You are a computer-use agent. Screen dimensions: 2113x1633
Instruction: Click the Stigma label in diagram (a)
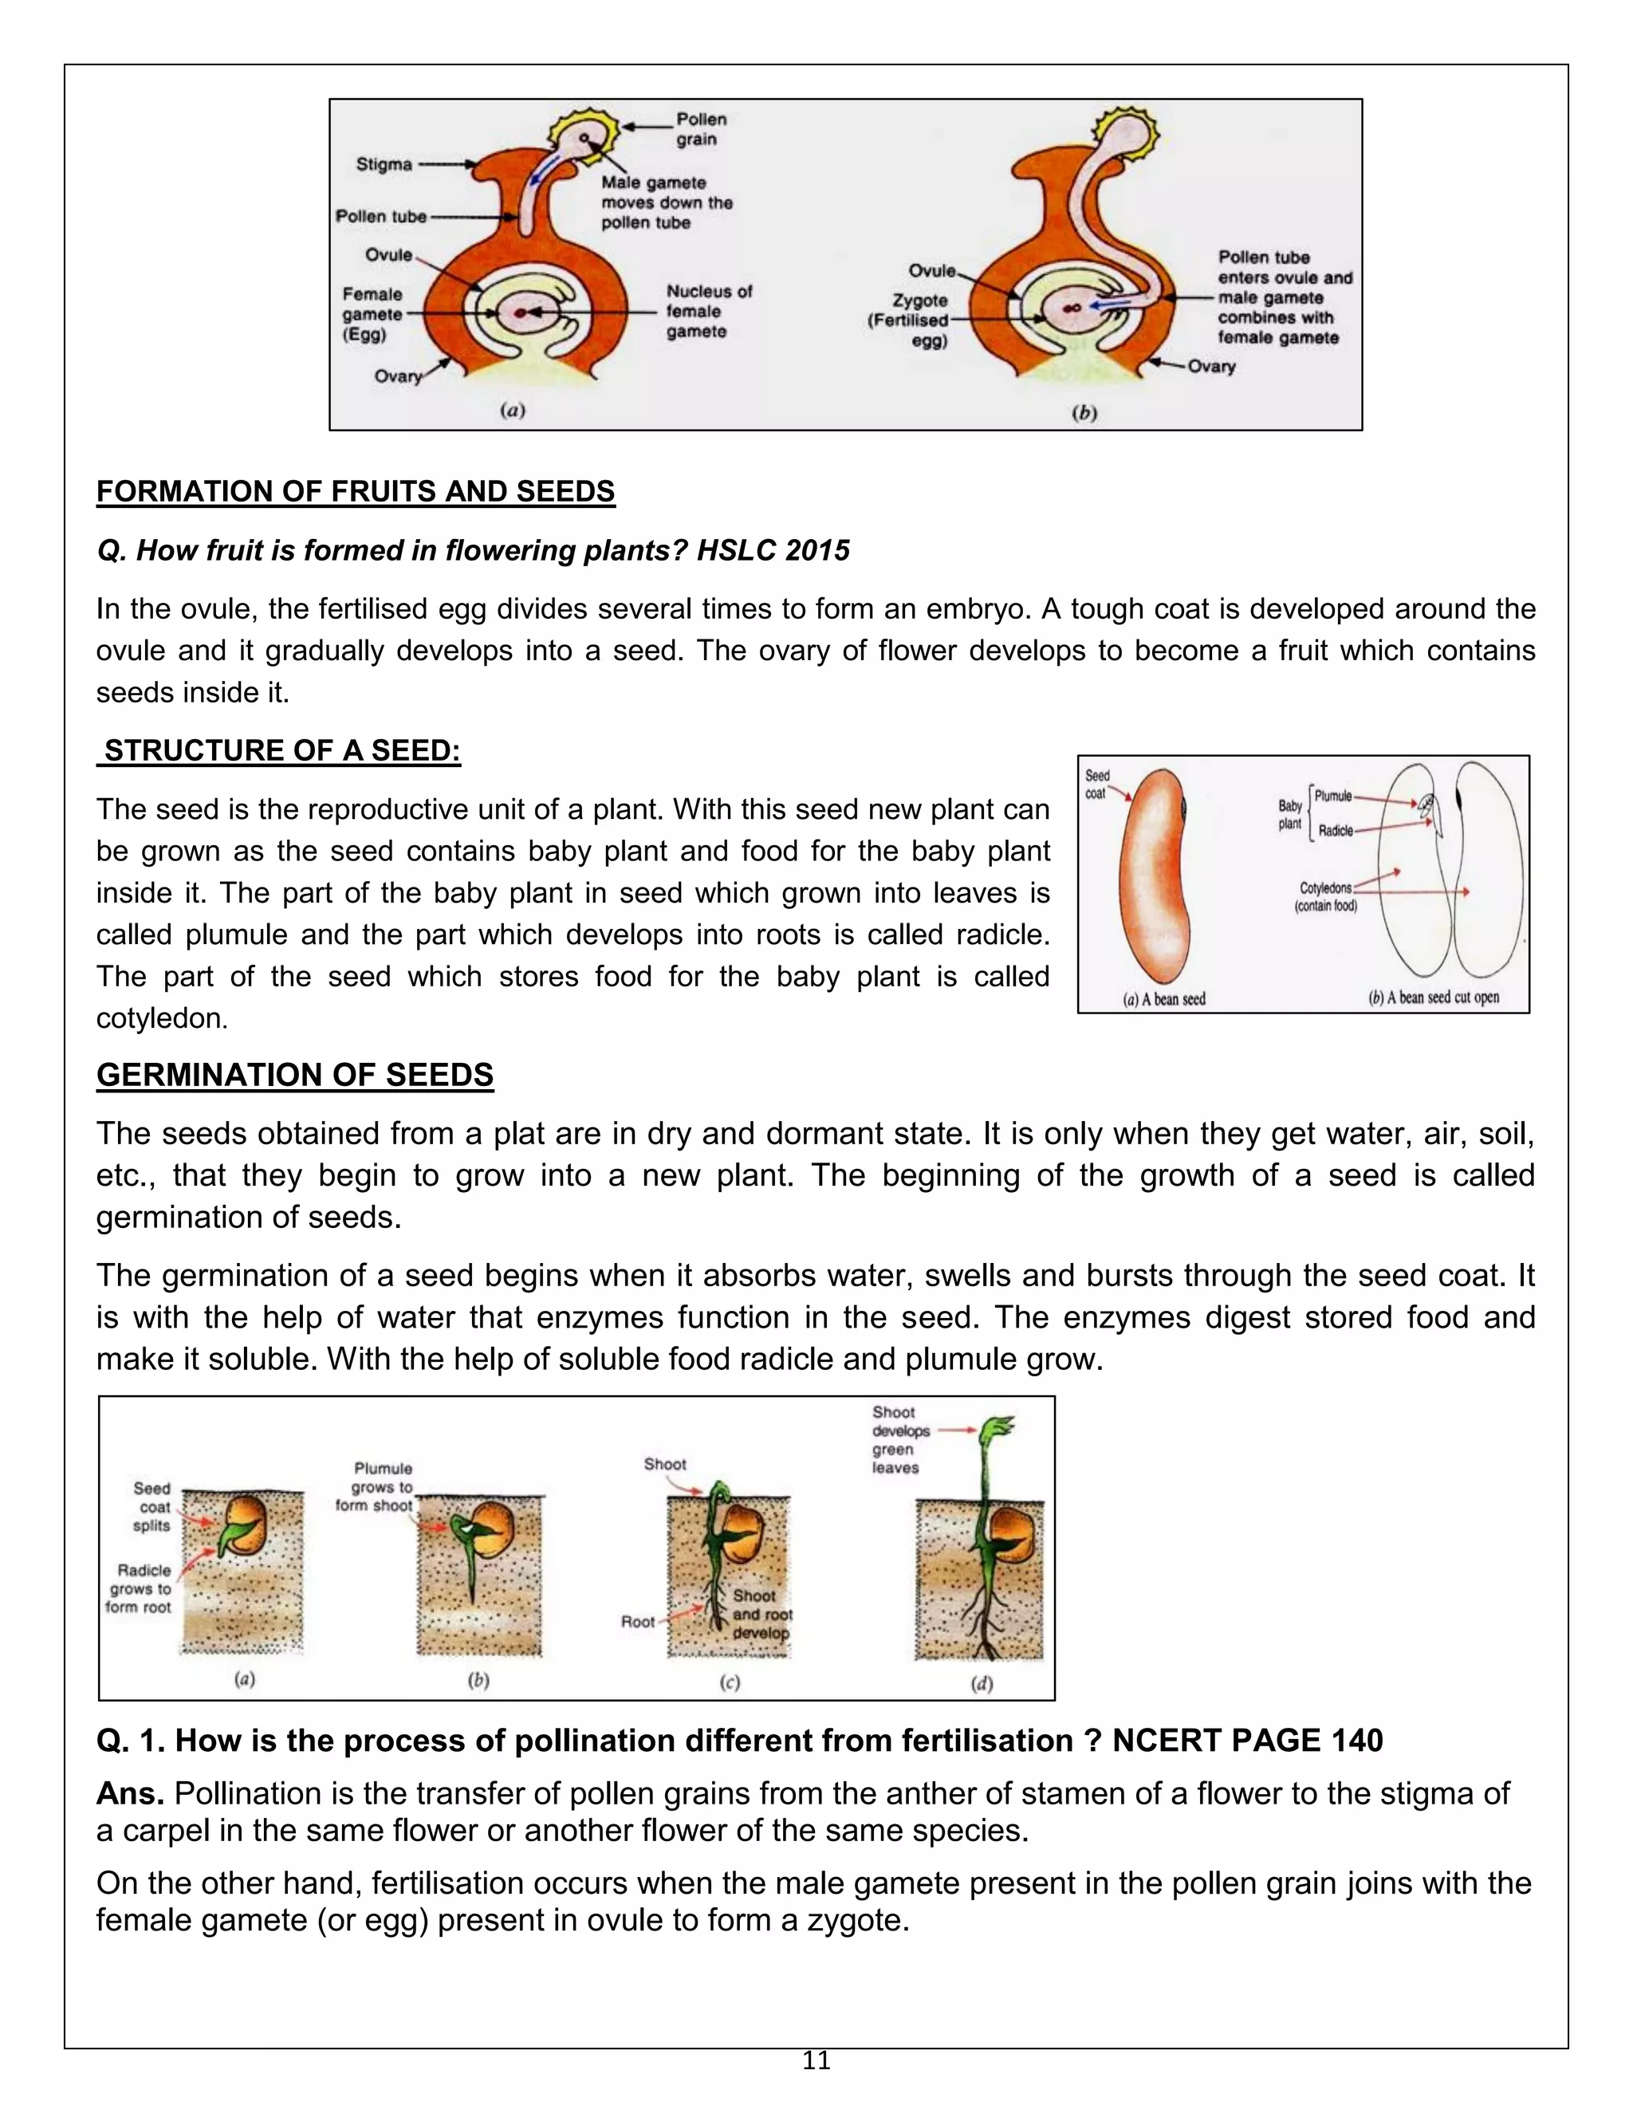coord(384,164)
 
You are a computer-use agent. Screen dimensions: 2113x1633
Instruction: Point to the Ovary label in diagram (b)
coord(1211,367)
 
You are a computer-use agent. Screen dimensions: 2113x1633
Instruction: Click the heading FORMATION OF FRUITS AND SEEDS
coord(355,491)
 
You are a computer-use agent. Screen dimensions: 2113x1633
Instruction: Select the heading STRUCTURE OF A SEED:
coord(281,751)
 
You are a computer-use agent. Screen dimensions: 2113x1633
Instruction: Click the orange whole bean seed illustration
coord(1153,875)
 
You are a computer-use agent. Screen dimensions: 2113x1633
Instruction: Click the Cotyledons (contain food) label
coord(1325,897)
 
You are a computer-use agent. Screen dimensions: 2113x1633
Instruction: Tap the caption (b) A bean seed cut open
coord(1434,997)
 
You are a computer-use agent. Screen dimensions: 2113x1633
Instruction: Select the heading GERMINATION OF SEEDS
coord(295,1075)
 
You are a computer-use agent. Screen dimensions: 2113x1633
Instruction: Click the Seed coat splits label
coord(151,1507)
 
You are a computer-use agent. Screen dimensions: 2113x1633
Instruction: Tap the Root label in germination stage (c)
coord(638,1622)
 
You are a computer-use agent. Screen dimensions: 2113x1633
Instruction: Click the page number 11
coord(816,2060)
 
